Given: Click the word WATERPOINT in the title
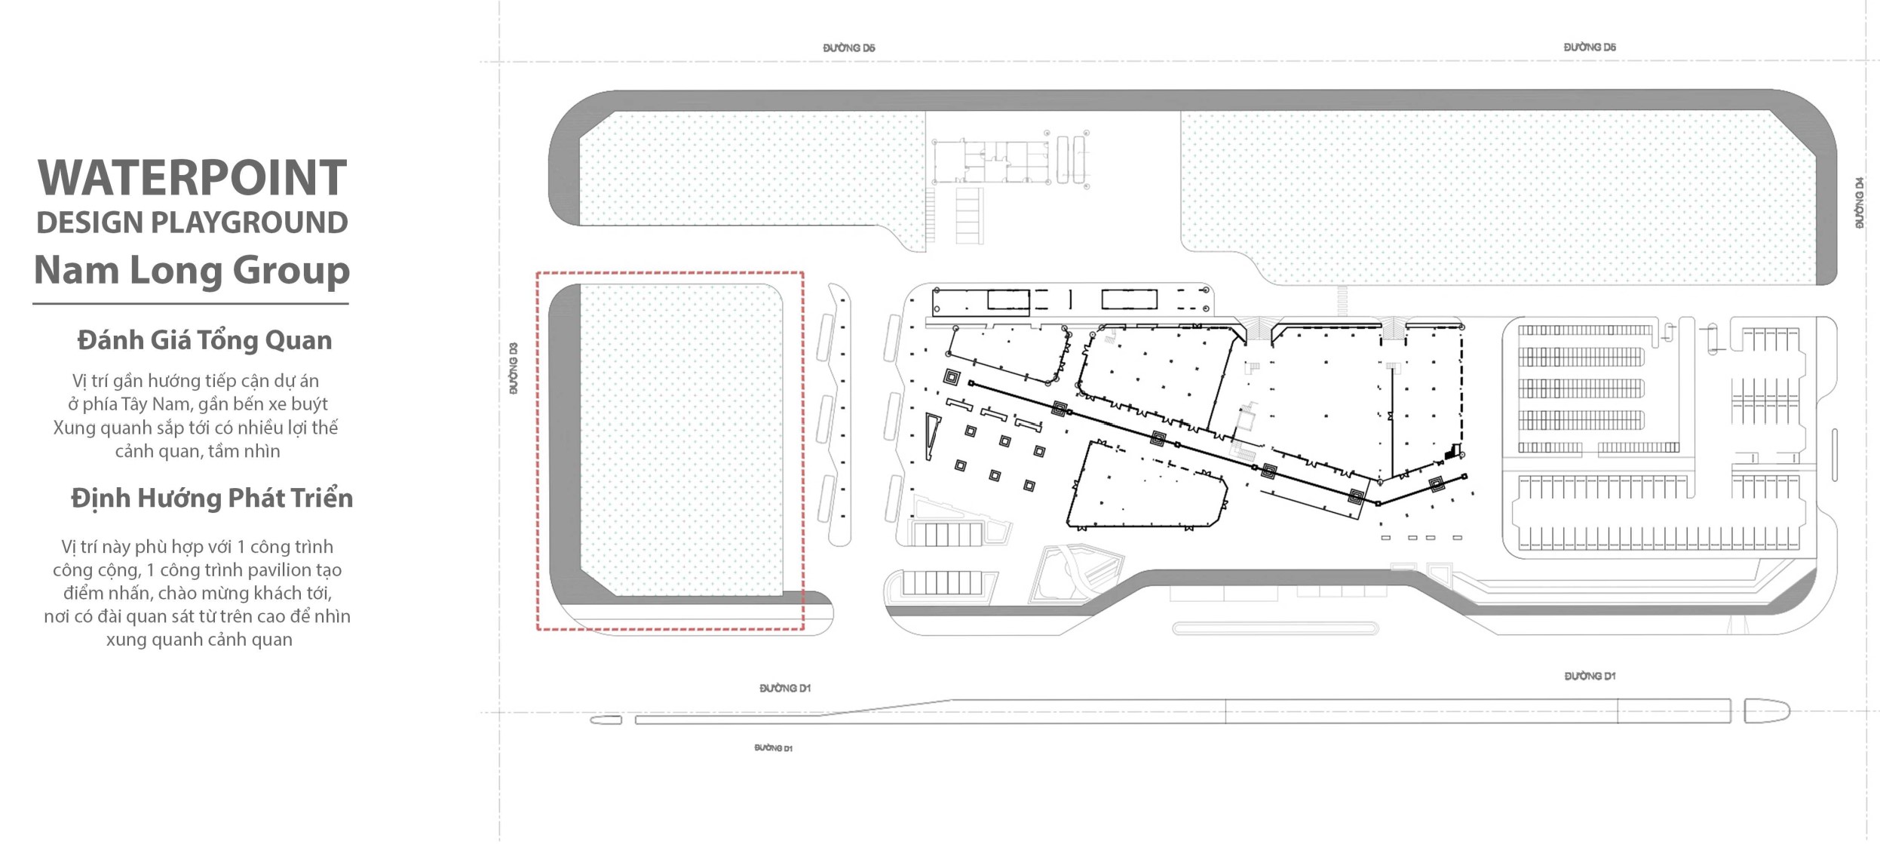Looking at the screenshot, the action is [192, 178].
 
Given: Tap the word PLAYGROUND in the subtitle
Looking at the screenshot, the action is [250, 223].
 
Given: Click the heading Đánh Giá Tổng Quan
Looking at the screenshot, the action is [204, 340].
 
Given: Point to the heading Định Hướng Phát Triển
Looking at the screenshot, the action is [212, 499].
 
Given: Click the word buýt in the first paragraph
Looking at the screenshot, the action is [309, 405].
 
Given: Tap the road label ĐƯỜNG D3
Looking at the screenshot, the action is [514, 368].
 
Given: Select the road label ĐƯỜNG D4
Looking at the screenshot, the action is [1860, 203].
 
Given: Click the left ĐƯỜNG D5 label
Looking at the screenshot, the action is [849, 48].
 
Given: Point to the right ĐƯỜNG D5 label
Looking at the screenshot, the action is [1590, 48].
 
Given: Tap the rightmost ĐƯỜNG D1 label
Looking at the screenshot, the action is [1590, 677].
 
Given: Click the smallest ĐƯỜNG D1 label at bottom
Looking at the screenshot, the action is [773, 748].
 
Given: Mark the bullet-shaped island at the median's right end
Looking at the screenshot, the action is [1766, 711].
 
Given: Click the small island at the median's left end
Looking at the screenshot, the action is [606, 720].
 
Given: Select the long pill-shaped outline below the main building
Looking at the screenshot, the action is [1275, 628].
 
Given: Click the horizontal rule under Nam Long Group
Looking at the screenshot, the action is [191, 304].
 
